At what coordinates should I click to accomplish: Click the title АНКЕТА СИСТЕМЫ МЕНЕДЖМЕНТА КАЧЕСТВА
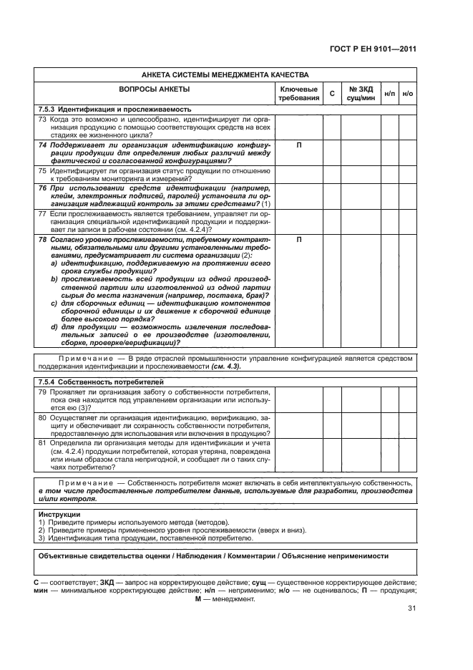point(225,74)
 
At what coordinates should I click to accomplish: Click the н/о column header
point(408,92)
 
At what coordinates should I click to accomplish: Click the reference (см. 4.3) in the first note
point(225,366)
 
